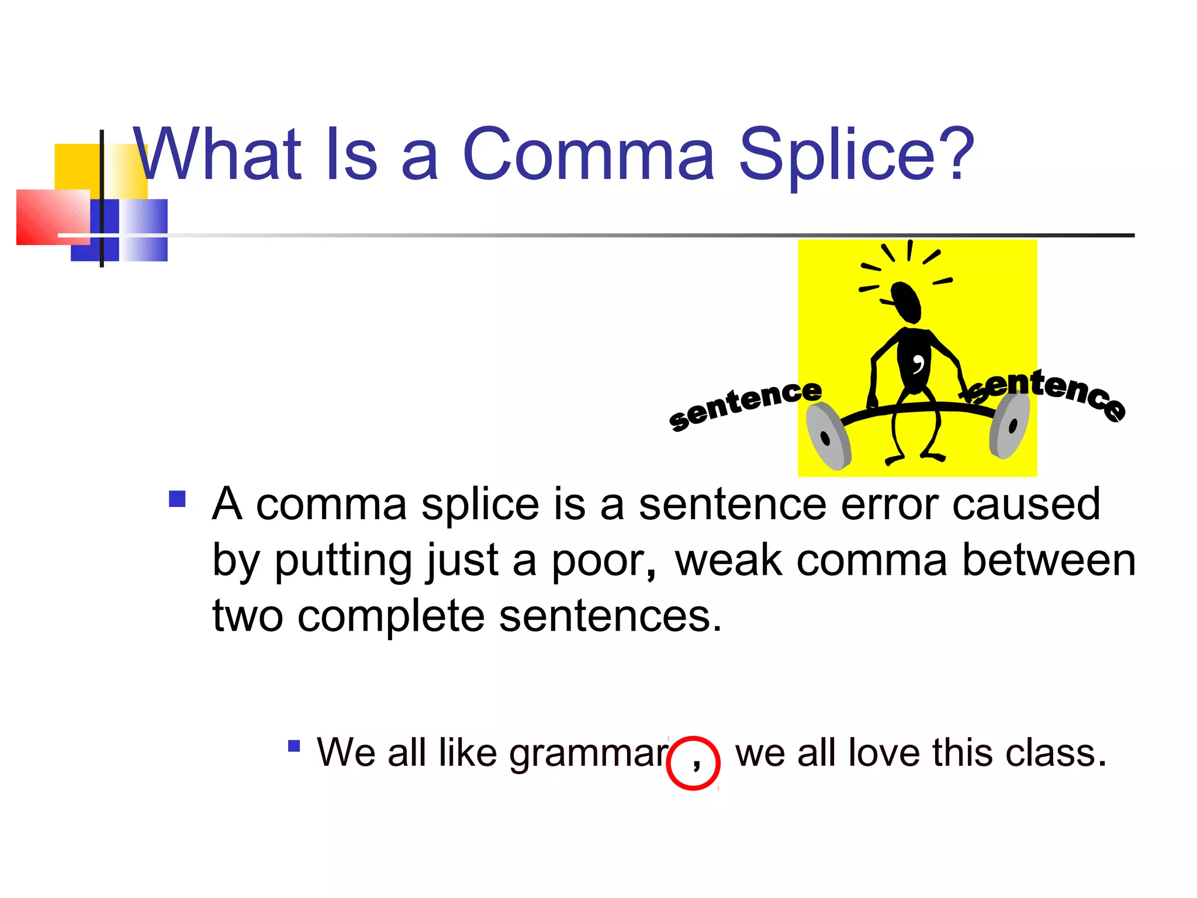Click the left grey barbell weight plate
coord(827,436)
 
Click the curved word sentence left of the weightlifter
coord(745,403)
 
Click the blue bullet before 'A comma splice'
coord(177,499)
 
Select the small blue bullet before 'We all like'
coord(294,746)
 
